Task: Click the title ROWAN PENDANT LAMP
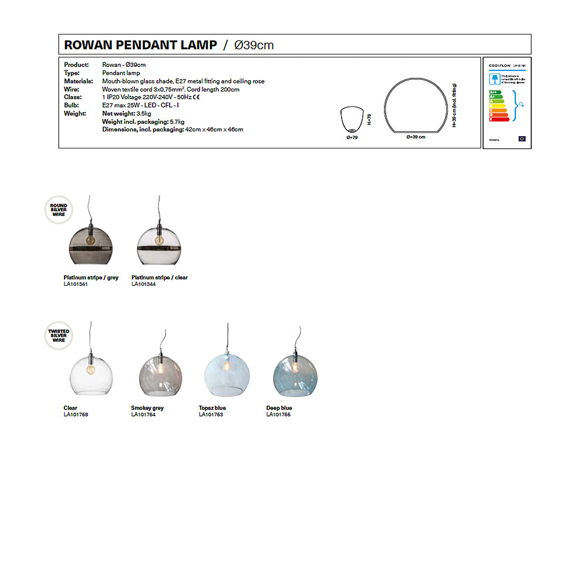140,45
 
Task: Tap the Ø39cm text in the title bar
254,45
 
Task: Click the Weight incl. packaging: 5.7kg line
143,122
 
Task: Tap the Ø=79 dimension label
352,137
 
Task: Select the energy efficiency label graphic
507,103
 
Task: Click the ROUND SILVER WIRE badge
59,210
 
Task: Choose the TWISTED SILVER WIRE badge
59,335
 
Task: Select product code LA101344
143,284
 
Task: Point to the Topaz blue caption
212,408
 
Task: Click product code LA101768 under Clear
76,414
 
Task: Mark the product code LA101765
278,414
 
